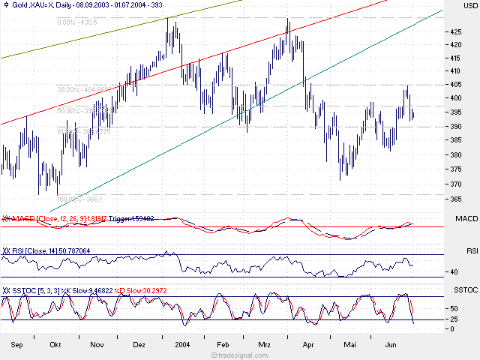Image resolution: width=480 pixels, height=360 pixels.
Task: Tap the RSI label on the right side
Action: point(472,250)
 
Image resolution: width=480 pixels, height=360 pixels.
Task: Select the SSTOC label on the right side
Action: point(466,289)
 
